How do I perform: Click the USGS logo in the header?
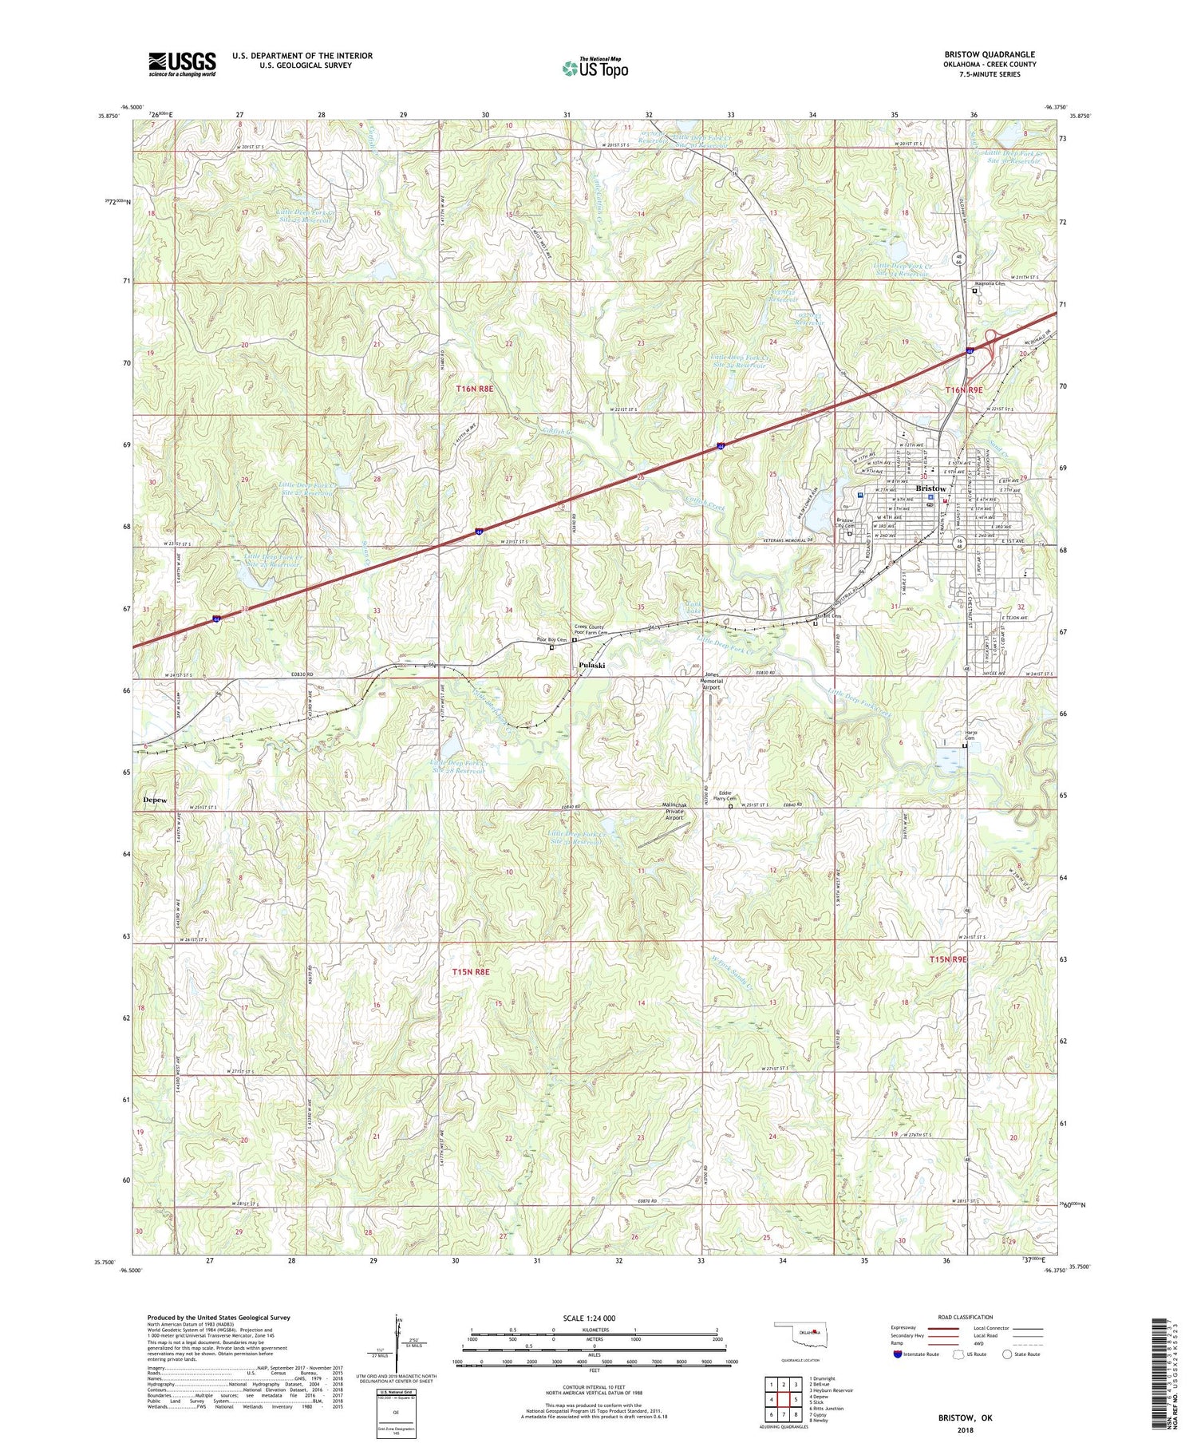(182, 63)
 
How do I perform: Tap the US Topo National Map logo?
(595, 68)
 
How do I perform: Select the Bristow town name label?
(930, 488)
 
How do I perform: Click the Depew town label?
(156, 799)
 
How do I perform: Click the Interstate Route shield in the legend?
(899, 1354)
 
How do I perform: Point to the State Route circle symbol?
(1007, 1354)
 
